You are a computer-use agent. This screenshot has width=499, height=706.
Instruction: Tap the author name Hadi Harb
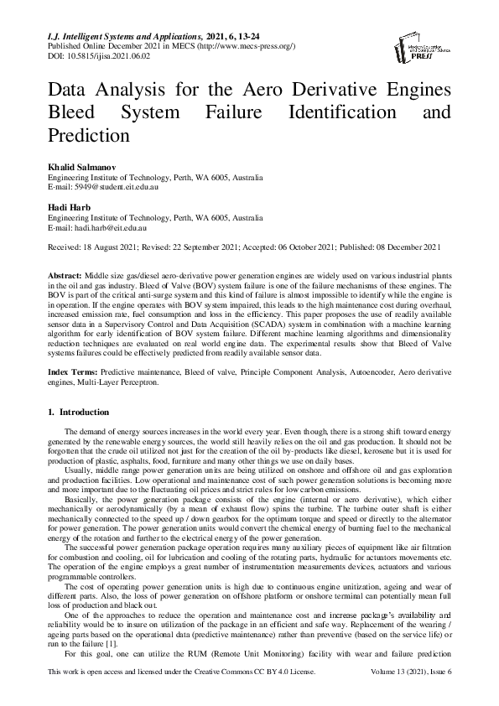(x=69, y=207)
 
